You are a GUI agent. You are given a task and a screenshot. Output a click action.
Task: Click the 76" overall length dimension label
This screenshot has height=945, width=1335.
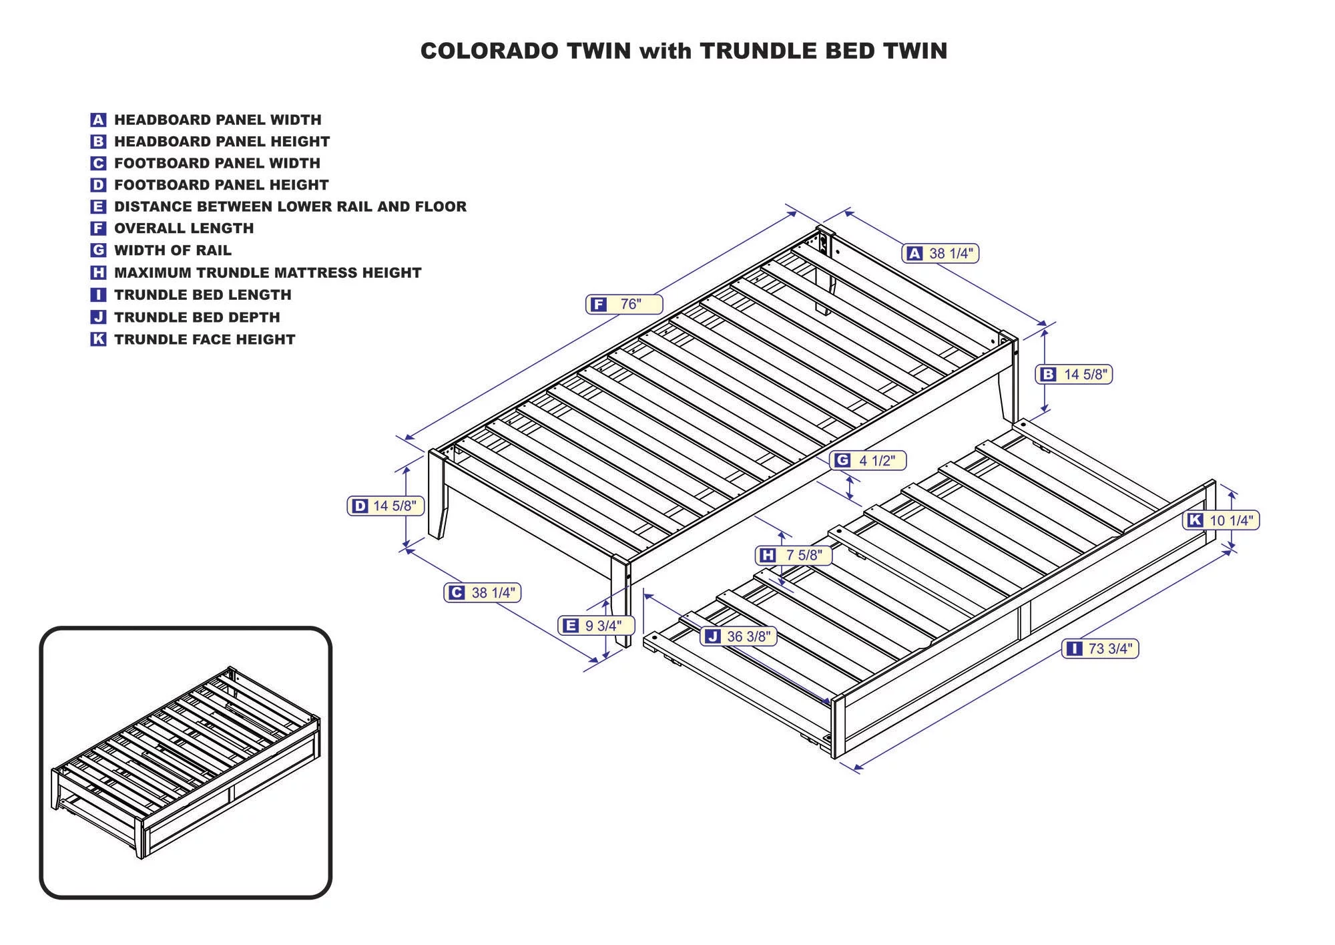624,305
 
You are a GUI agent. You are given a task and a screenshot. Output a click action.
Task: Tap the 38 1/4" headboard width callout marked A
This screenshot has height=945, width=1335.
941,254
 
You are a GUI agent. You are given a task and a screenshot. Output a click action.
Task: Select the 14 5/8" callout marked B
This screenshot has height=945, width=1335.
1074,375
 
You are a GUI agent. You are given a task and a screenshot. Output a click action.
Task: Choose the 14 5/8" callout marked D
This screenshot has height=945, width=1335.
386,506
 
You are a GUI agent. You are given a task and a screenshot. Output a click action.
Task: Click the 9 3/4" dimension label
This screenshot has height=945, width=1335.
596,626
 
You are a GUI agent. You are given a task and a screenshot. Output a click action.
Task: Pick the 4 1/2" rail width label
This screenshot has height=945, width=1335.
868,460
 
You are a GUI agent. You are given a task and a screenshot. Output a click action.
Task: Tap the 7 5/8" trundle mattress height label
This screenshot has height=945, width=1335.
794,555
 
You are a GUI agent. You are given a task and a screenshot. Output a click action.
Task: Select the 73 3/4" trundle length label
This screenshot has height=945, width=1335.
1100,648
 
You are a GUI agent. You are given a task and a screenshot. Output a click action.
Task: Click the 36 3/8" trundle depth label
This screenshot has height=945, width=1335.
739,636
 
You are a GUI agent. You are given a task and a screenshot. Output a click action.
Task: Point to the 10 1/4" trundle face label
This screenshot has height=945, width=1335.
1221,520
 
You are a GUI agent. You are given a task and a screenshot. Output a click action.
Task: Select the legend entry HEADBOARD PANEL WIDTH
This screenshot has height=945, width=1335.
218,120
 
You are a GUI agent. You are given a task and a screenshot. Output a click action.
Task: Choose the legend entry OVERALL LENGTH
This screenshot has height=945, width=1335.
184,228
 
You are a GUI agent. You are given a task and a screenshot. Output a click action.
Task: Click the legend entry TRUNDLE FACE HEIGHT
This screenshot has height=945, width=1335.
204,339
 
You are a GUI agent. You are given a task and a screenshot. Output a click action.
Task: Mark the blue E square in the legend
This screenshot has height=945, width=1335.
98,207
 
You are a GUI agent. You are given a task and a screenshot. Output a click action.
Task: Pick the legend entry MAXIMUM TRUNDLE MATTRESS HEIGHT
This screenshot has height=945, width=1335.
268,272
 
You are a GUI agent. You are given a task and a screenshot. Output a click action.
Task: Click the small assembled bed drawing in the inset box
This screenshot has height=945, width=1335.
186,761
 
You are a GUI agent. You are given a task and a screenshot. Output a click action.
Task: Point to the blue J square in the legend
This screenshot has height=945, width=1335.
98,317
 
